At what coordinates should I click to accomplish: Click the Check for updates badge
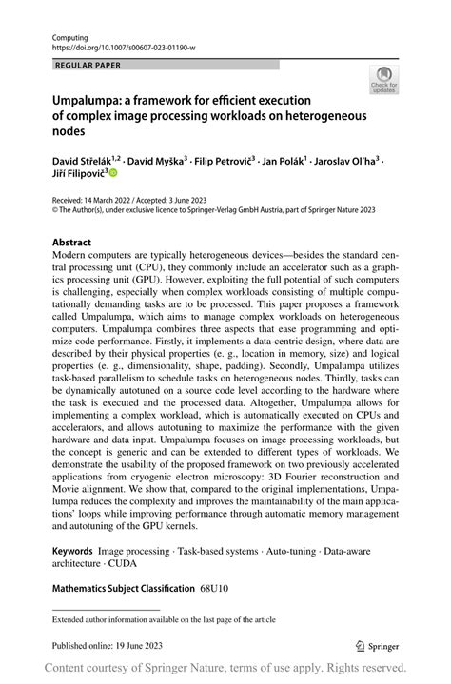tap(383, 79)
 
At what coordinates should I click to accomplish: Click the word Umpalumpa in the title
tap(90, 99)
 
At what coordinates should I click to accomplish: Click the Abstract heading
tap(72, 242)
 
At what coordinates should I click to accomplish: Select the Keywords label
tap(72, 550)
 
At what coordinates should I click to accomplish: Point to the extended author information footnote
tap(165, 619)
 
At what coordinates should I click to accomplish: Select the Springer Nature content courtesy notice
tap(225, 668)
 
